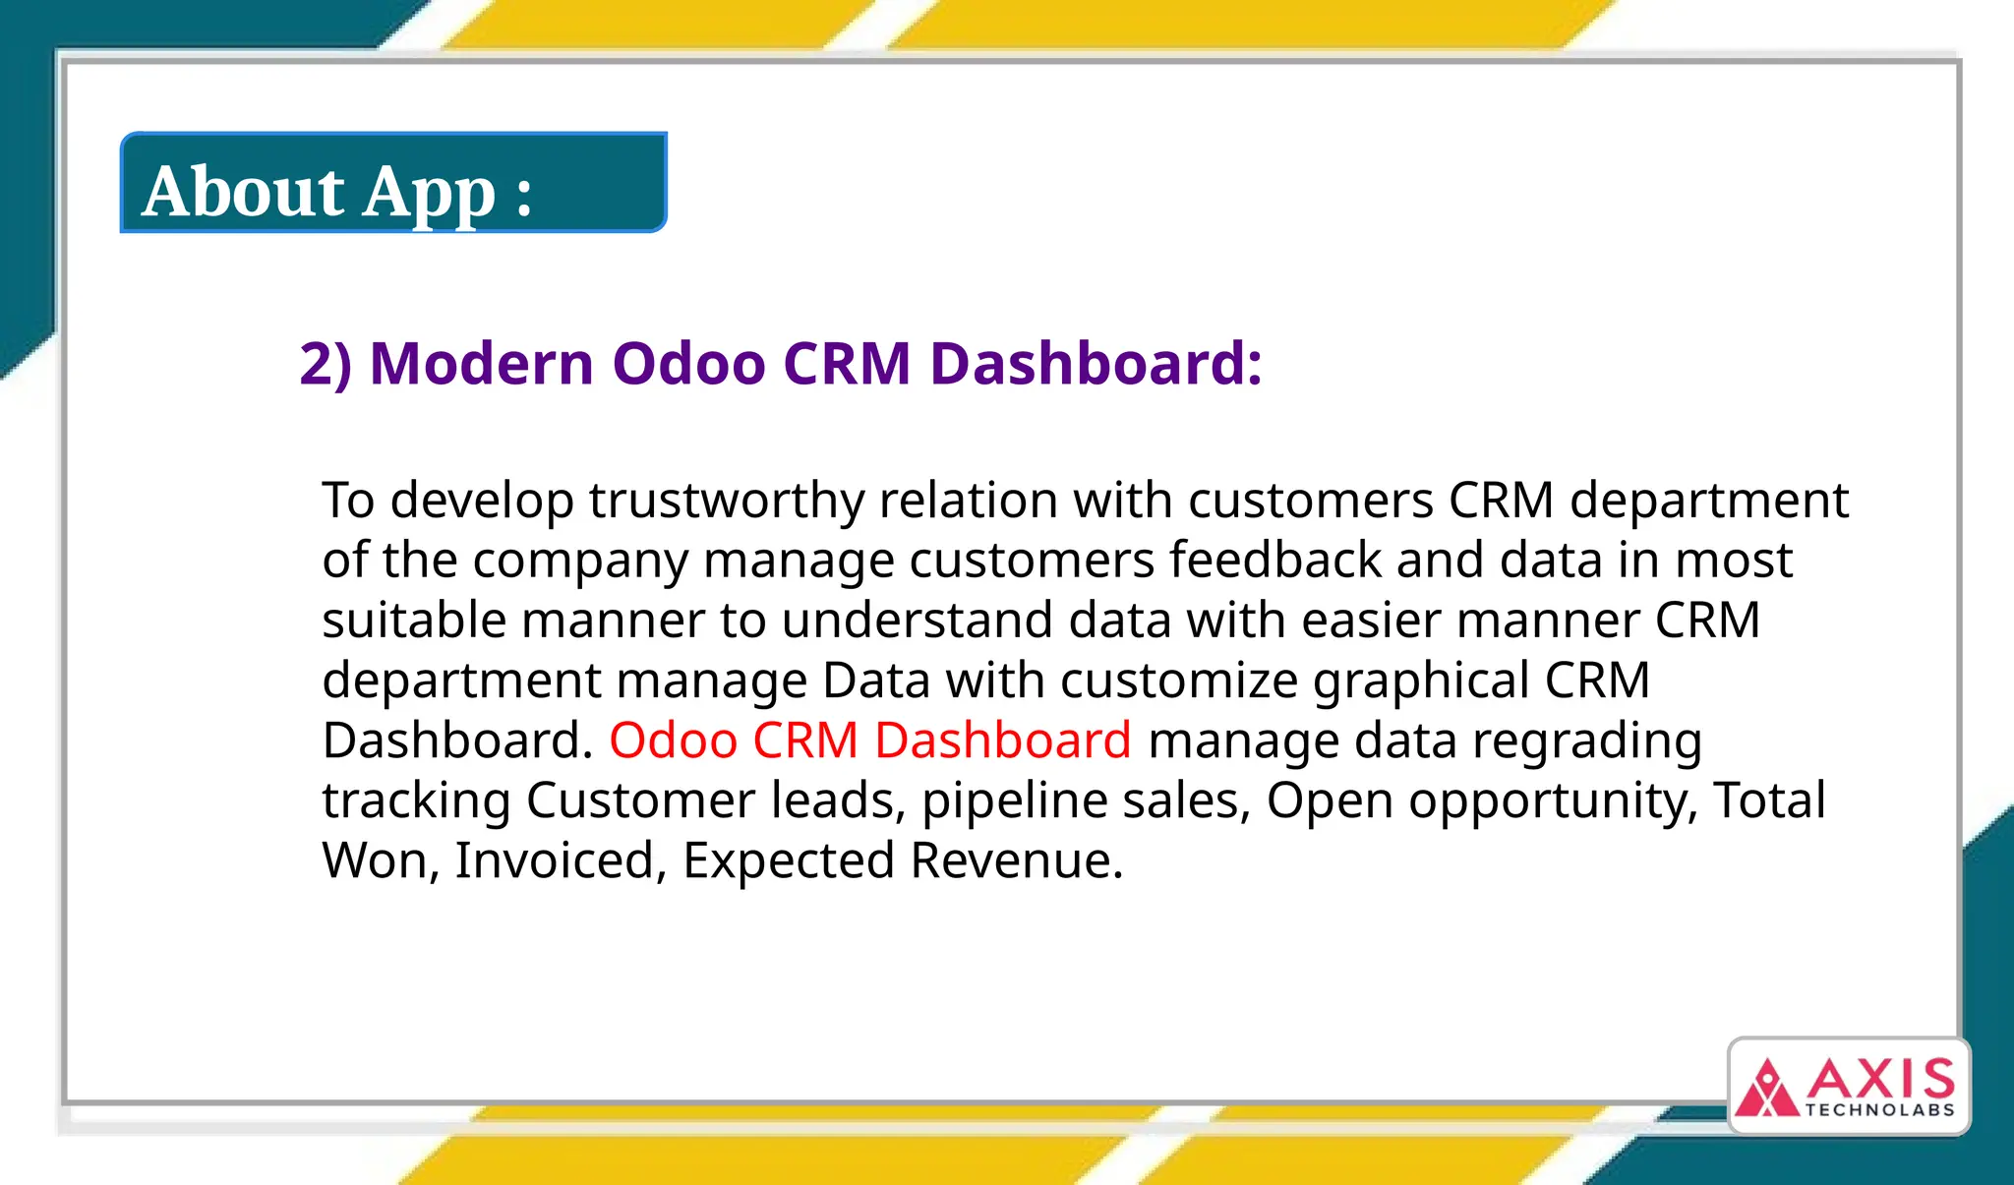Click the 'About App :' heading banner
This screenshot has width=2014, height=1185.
click(x=393, y=184)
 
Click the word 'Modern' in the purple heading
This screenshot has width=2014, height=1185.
click(x=482, y=363)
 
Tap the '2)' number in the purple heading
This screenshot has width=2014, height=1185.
click(x=325, y=363)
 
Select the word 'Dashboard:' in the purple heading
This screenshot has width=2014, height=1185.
click(x=1096, y=363)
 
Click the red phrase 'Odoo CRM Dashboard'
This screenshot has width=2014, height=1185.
click(x=869, y=741)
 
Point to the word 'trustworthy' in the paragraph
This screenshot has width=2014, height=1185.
click(x=726, y=501)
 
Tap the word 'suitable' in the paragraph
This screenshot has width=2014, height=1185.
click(x=413, y=621)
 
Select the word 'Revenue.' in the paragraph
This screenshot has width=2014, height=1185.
click(x=1016, y=860)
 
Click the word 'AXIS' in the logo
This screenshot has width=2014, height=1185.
click(x=1880, y=1080)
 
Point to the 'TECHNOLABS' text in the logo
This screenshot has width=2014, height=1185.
click(x=1879, y=1110)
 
